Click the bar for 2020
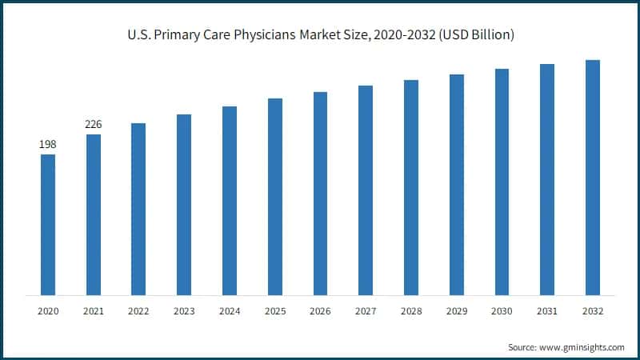(x=48, y=225)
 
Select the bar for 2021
(x=94, y=214)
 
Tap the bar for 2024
(x=230, y=200)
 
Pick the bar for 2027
(x=366, y=190)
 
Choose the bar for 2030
(x=502, y=182)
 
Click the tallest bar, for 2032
(x=593, y=177)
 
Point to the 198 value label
(x=48, y=145)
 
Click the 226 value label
(x=94, y=125)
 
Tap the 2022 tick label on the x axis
(x=138, y=310)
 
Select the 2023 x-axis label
(x=184, y=310)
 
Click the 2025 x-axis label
(x=274, y=310)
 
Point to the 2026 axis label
(x=320, y=310)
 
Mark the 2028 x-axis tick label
(x=411, y=310)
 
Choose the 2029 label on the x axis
(x=456, y=310)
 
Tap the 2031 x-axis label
(x=547, y=310)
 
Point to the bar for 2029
(x=456, y=185)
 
